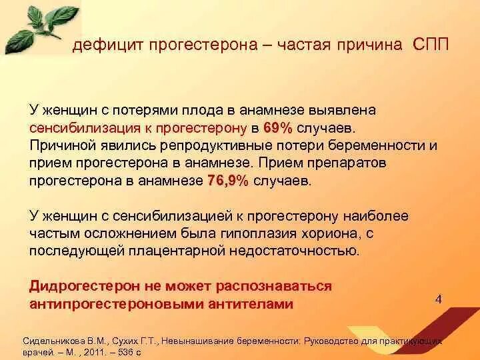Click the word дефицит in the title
(106, 45)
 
